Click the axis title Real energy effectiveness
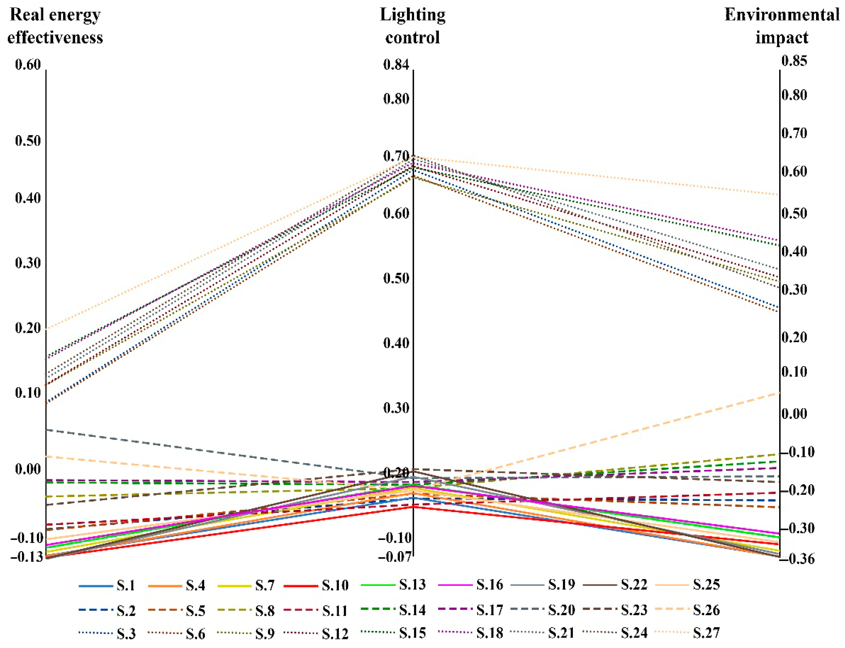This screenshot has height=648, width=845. click(x=55, y=26)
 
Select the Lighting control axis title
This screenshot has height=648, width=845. click(x=413, y=26)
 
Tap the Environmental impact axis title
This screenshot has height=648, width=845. click(x=782, y=26)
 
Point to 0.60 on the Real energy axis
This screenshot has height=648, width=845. click(x=28, y=65)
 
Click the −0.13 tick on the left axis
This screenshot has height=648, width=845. click(x=26, y=557)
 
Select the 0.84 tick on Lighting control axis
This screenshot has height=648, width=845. click(x=396, y=65)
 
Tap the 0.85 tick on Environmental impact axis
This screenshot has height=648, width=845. click(x=794, y=61)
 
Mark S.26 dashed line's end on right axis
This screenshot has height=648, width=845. click(x=779, y=393)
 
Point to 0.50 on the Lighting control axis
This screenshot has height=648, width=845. click(x=396, y=279)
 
